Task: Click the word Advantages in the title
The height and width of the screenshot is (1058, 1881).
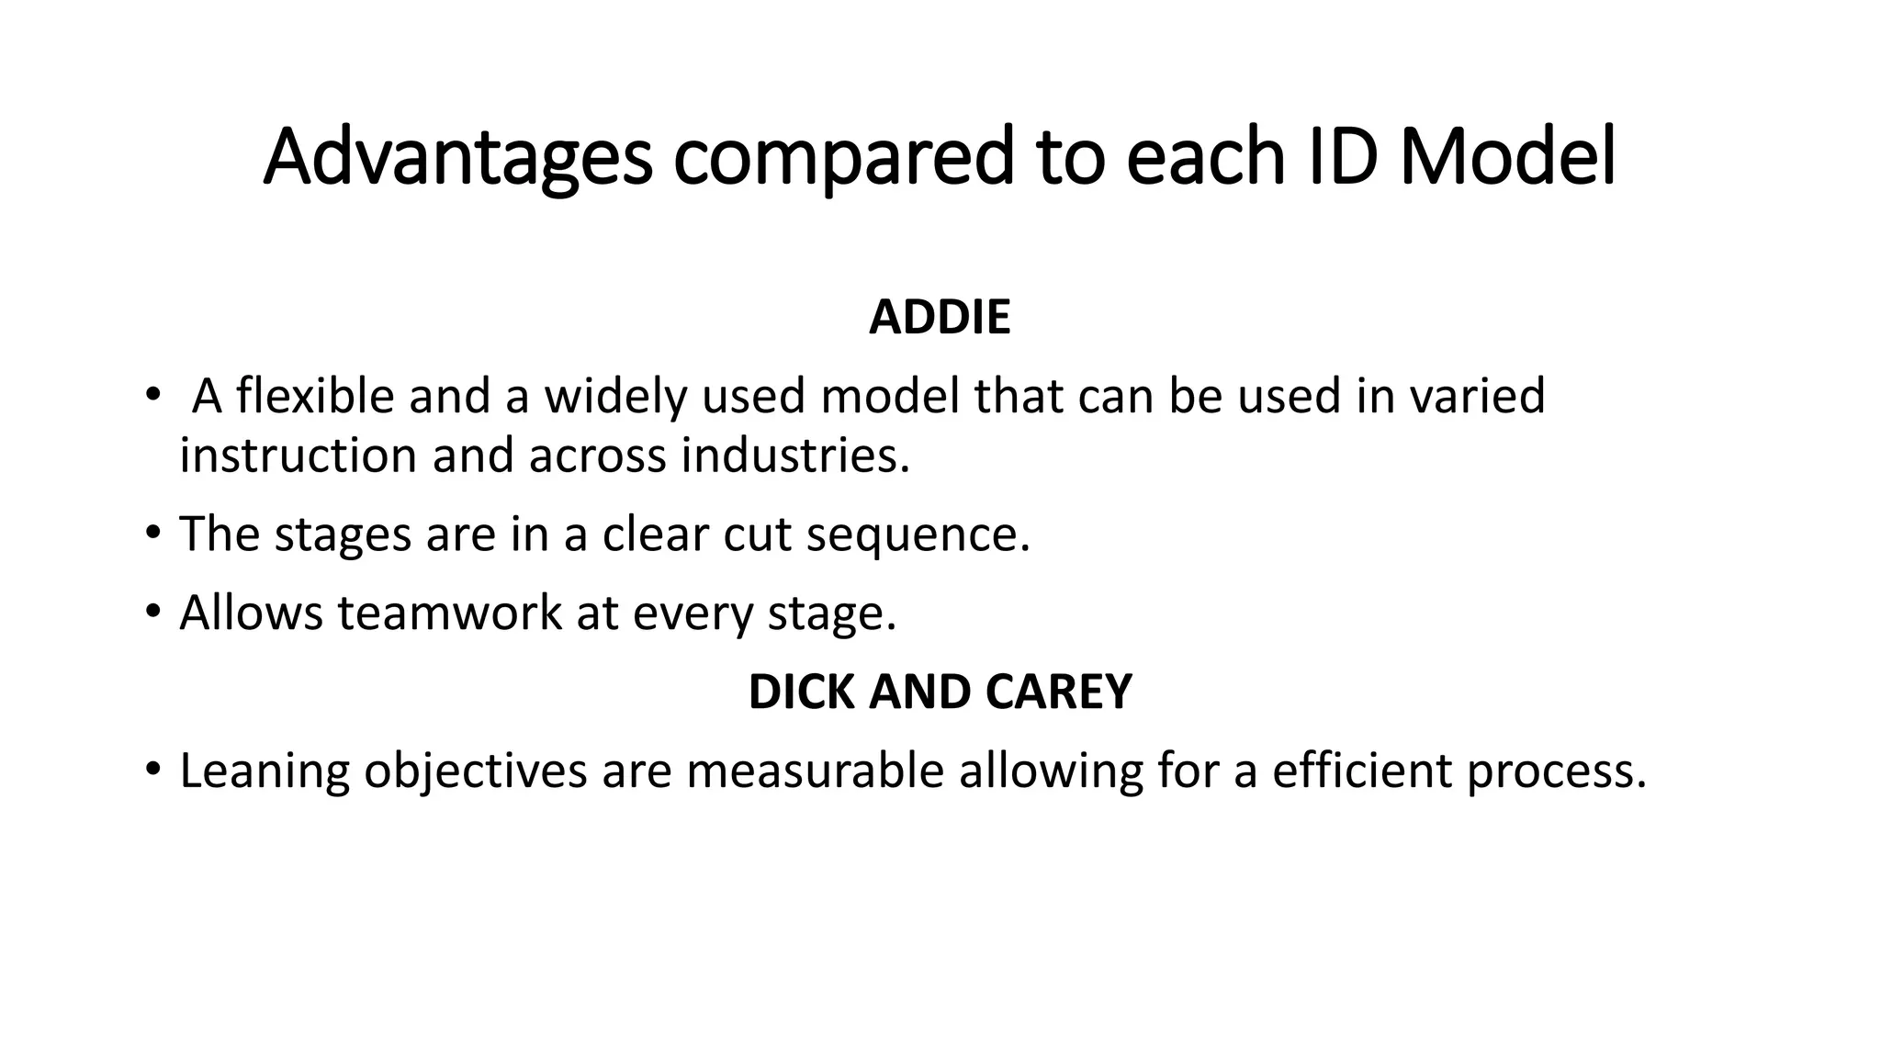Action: point(457,158)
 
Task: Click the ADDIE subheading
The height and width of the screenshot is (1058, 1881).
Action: point(940,318)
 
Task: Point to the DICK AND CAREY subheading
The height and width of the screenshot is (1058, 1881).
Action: point(940,692)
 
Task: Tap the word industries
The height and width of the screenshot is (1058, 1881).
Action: point(794,456)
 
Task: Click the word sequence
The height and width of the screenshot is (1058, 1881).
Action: point(918,535)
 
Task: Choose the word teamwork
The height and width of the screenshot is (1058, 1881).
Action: point(449,613)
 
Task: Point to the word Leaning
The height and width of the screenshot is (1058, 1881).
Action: point(265,771)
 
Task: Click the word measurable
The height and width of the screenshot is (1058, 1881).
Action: point(815,771)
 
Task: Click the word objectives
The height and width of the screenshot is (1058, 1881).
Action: point(475,771)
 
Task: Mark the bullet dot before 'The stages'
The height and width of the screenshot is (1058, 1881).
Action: point(152,533)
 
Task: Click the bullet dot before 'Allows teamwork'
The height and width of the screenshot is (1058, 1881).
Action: point(152,611)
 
